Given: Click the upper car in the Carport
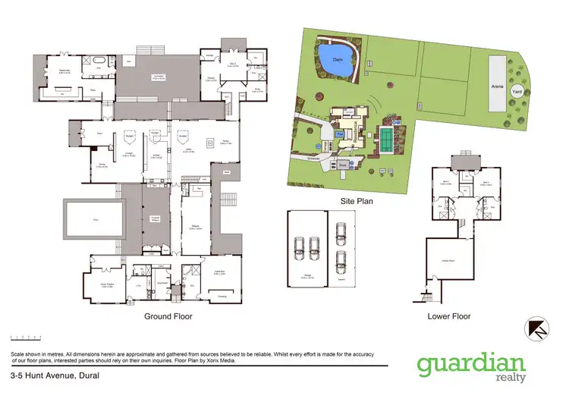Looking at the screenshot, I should tap(342, 227).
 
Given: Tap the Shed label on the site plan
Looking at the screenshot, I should tap(342, 161).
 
